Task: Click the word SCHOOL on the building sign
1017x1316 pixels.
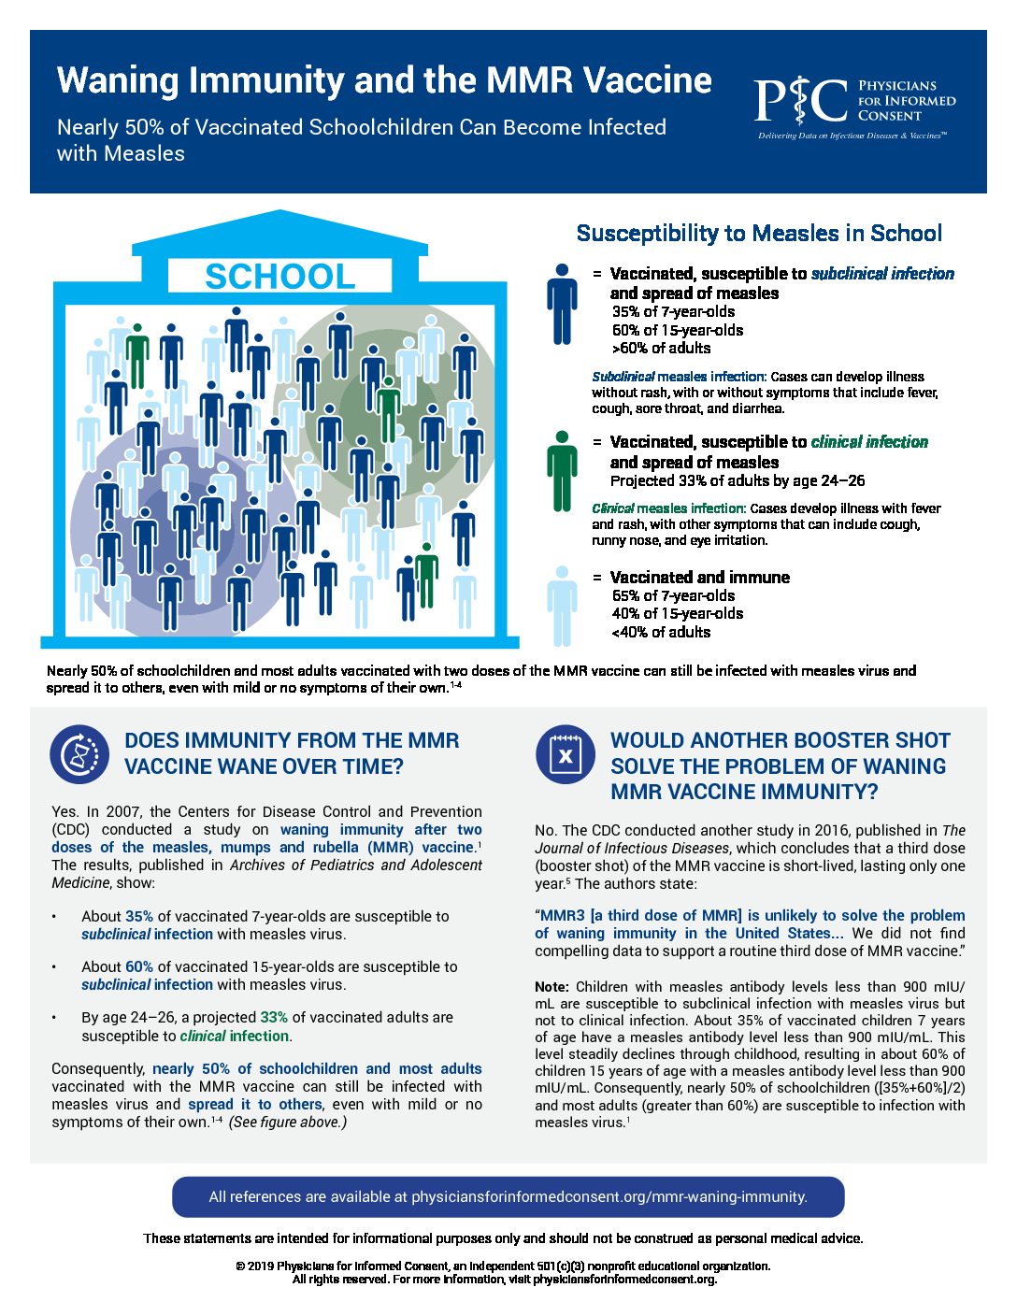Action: tap(279, 277)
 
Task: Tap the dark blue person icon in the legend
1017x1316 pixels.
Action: tap(562, 304)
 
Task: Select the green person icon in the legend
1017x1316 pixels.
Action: tap(562, 471)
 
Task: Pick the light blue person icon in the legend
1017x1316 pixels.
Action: tap(562, 607)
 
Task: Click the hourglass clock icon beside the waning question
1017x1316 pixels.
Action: tap(79, 754)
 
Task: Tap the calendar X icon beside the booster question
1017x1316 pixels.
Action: tap(566, 754)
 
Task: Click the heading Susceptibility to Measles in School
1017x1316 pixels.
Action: tap(759, 233)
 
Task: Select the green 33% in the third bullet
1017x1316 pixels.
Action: tap(274, 1017)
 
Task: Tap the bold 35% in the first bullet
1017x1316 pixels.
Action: tap(138, 916)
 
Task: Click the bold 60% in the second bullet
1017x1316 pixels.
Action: tap(138, 966)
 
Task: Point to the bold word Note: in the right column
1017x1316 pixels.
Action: tap(551, 987)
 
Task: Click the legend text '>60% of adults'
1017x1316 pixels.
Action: tap(661, 349)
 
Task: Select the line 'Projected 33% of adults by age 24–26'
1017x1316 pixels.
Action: tap(738, 480)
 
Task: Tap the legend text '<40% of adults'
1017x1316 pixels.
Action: tap(661, 632)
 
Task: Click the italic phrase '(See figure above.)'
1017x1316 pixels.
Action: tap(288, 1123)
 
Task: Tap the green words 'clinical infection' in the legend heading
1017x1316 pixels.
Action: tap(869, 442)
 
